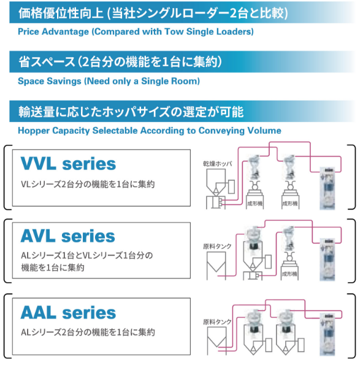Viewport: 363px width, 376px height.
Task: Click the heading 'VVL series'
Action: coord(68,164)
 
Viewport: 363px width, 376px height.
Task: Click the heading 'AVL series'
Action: coord(68,236)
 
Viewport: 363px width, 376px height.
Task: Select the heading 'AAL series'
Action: coord(68,313)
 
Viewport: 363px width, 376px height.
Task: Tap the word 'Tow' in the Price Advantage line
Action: coord(174,32)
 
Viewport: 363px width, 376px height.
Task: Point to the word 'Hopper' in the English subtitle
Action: coord(34,131)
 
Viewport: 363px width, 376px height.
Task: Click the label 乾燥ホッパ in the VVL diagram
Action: coord(218,164)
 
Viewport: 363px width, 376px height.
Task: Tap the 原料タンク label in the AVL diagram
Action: coord(217,246)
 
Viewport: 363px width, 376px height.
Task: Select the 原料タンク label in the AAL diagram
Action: coord(217,321)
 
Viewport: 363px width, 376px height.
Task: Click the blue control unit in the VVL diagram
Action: coord(328,188)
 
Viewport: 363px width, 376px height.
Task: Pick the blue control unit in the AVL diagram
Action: coord(328,259)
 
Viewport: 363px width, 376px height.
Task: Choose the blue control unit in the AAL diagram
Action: coord(328,334)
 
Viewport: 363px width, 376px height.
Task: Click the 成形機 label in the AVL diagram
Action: coord(289,274)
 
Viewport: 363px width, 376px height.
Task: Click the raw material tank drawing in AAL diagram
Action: coord(216,341)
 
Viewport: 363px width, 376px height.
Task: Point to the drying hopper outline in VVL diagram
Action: coord(216,182)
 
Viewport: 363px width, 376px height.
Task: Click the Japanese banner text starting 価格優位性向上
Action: coord(153,13)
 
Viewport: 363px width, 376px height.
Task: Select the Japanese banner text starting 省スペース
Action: coord(120,62)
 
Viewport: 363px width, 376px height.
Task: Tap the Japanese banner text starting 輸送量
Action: coord(131,112)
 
